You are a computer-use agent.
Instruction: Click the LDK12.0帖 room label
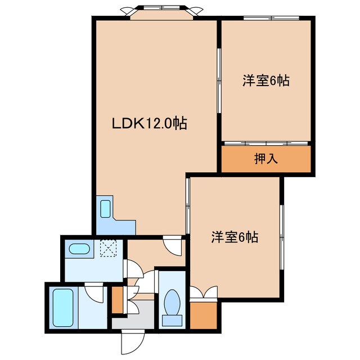(x=148, y=123)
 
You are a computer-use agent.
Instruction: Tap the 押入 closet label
(x=266, y=159)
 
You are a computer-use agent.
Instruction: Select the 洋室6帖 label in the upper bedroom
(x=266, y=80)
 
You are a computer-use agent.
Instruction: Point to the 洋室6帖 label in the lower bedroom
(x=235, y=237)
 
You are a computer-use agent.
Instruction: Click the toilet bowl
(x=172, y=304)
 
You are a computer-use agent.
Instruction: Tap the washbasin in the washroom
(x=78, y=249)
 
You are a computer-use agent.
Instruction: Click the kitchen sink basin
(x=105, y=209)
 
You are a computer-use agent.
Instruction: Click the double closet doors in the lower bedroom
(x=203, y=293)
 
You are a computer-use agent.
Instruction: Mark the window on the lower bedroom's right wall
(x=281, y=231)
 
